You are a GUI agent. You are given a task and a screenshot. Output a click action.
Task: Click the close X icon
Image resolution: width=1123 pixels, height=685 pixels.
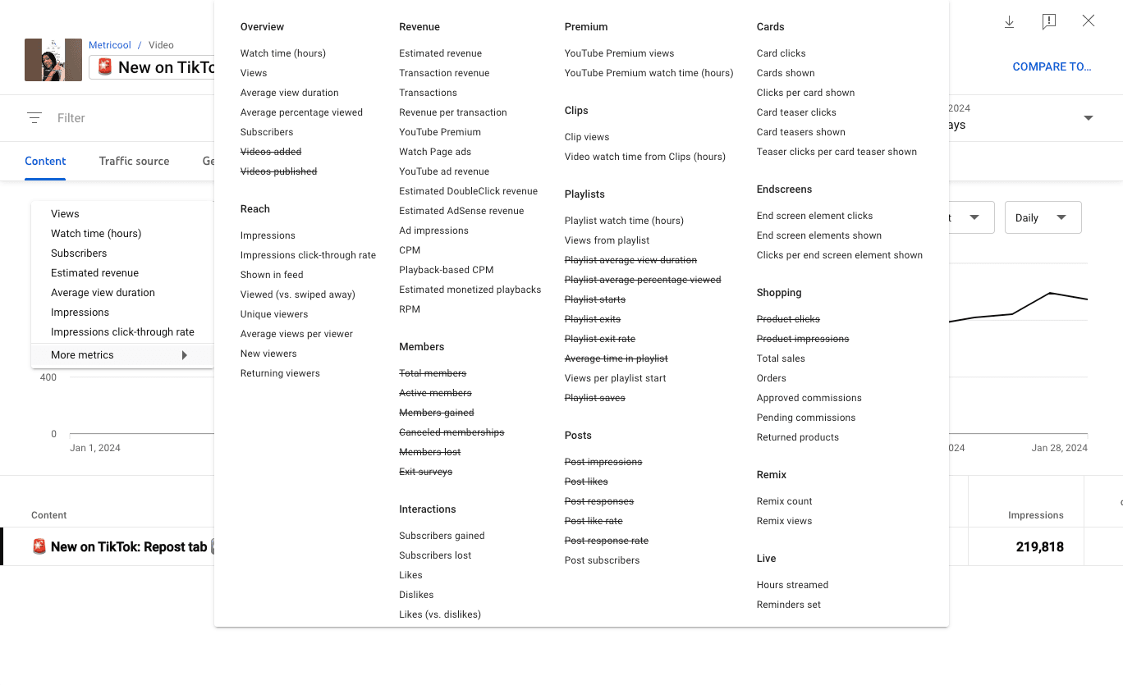[x=1089, y=21]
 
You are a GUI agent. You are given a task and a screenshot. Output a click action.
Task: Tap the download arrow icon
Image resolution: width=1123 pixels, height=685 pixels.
[x=1010, y=22]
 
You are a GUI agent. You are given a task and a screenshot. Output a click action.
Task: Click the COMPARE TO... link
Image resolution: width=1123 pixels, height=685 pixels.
[x=1052, y=66]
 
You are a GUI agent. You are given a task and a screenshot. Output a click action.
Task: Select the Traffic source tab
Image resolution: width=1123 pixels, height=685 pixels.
[x=134, y=161]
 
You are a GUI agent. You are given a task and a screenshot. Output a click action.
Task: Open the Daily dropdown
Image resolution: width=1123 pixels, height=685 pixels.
[x=1043, y=217]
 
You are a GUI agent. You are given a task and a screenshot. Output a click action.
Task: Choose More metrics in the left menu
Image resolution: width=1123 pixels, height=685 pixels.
[x=82, y=355]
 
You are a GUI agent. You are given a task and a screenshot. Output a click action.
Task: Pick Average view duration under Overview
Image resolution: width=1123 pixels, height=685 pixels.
[x=289, y=93]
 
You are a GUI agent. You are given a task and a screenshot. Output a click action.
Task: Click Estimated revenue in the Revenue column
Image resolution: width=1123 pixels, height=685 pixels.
[x=440, y=53]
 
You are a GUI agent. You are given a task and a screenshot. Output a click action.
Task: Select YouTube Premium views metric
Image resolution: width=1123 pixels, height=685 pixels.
[x=619, y=53]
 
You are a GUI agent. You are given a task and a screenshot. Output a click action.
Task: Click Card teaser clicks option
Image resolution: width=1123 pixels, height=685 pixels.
[x=796, y=112]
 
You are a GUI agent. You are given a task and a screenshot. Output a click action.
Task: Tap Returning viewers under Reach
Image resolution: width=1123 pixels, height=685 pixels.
[x=280, y=373]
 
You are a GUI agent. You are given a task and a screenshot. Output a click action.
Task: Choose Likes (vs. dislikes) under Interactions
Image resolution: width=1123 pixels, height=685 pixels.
[x=440, y=614]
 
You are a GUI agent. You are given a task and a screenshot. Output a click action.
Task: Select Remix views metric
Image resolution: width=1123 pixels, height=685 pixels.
[x=784, y=521]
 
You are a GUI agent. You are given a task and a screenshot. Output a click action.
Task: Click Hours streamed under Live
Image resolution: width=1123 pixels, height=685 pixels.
[x=792, y=585]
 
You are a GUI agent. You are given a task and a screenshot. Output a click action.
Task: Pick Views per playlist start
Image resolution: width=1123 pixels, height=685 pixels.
[x=615, y=378]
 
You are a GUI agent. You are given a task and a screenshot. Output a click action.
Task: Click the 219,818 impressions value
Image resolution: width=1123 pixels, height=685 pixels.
[x=1039, y=547]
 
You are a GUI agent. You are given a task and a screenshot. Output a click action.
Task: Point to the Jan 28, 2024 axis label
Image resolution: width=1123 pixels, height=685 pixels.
[x=1059, y=448]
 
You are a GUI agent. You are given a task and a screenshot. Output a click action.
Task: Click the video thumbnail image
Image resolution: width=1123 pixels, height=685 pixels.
[x=53, y=60]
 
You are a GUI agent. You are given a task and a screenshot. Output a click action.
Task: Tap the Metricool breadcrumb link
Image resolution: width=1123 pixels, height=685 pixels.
[x=109, y=45]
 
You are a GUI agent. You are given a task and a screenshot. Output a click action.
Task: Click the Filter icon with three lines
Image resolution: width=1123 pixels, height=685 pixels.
[x=34, y=118]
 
